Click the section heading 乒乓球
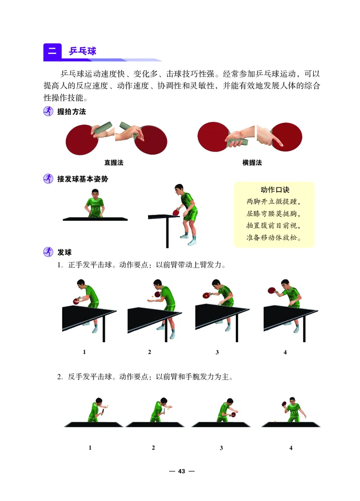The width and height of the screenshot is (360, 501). (82, 51)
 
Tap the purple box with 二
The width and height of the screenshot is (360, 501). (52, 51)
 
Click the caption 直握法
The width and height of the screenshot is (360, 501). (114, 163)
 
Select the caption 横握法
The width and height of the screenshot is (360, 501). (252, 163)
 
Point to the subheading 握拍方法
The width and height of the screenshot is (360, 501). (71, 112)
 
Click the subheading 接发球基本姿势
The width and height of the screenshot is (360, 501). (82, 179)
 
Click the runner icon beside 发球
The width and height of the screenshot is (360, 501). (48, 252)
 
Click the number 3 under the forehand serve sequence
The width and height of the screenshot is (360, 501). (217, 352)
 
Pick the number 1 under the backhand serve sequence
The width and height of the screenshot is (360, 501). (90, 448)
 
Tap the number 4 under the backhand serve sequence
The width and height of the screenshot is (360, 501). (291, 448)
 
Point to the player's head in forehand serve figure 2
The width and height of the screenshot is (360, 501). (157, 284)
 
